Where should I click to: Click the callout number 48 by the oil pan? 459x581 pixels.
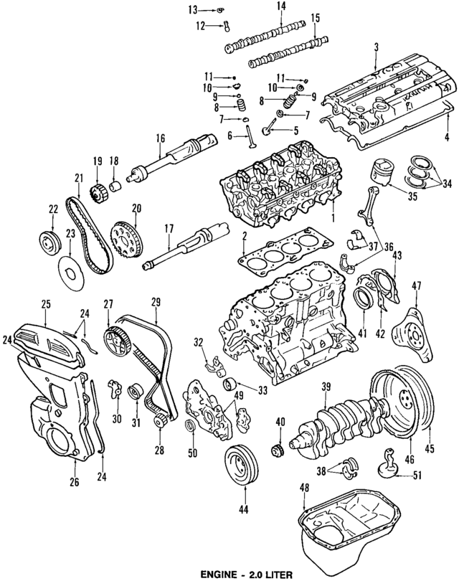(x=305, y=488)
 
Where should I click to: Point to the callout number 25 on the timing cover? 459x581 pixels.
(x=45, y=305)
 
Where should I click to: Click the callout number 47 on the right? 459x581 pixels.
(x=435, y=287)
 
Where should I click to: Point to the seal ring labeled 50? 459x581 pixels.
(x=191, y=429)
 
